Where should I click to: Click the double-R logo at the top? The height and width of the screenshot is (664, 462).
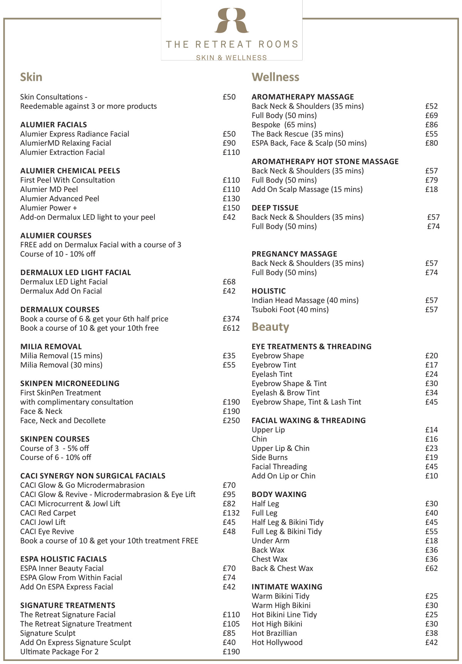(x=231, y=20)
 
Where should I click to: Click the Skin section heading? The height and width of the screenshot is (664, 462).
(x=31, y=77)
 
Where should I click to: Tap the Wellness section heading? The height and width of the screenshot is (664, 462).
(x=275, y=77)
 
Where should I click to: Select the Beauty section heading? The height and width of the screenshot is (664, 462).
(x=270, y=327)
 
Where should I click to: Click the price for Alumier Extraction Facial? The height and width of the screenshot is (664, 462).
(x=231, y=152)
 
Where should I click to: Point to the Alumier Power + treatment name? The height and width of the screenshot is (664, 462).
(x=49, y=208)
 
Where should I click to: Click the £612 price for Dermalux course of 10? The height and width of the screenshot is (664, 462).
(x=231, y=328)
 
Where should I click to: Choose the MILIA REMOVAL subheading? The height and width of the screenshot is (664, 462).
(x=51, y=347)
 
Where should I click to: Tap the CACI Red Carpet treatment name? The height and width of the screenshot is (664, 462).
(x=48, y=513)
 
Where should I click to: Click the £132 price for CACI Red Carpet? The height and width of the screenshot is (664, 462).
(x=231, y=513)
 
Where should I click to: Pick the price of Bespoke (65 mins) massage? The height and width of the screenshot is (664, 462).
(x=432, y=125)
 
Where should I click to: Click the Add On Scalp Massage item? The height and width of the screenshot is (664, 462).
(x=307, y=189)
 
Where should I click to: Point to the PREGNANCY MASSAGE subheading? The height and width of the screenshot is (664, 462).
(x=294, y=254)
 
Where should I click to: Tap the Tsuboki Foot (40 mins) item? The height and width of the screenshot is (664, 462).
(x=290, y=310)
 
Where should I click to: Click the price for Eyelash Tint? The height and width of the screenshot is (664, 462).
(x=432, y=374)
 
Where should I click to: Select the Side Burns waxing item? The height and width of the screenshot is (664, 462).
(x=269, y=458)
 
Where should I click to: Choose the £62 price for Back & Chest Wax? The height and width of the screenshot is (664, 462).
(x=432, y=568)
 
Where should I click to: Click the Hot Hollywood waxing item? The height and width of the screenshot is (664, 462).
(x=277, y=642)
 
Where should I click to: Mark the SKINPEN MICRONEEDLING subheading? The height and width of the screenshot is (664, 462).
(x=70, y=384)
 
